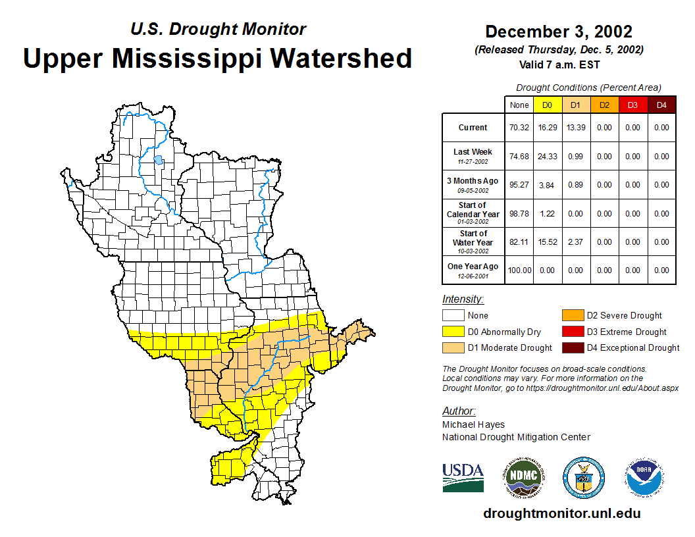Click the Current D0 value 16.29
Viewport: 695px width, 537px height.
click(547, 128)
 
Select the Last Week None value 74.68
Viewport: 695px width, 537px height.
click(519, 157)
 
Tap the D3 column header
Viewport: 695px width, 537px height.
click(632, 105)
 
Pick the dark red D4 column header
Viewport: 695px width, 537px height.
click(661, 105)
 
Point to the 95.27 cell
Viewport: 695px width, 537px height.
click(519, 185)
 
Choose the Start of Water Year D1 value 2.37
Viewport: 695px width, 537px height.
click(575, 242)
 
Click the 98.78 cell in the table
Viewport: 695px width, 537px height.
click(519, 214)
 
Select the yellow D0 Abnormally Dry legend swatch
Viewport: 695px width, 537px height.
click(453, 332)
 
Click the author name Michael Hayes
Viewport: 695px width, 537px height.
click(473, 424)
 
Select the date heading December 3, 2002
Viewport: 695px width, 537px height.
click(559, 32)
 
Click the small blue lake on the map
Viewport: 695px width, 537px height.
click(158, 159)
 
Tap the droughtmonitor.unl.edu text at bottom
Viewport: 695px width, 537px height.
click(561, 513)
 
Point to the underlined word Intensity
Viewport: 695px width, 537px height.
click(463, 299)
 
